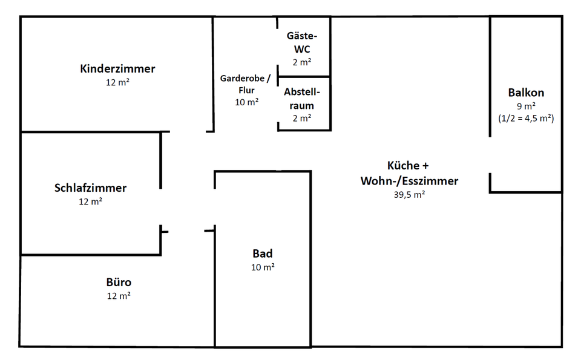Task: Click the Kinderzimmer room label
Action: click(117, 69)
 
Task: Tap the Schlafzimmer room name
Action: click(91, 188)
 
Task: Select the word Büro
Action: click(119, 283)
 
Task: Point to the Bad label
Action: click(263, 254)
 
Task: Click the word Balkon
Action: click(526, 93)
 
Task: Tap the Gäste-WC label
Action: click(301, 42)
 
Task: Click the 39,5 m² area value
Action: click(409, 194)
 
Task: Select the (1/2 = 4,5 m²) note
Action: click(526, 119)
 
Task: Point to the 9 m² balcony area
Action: click(526, 106)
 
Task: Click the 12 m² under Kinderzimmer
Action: click(117, 82)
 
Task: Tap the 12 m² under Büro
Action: click(119, 296)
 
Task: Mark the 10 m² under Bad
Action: click(263, 267)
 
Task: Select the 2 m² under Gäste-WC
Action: click(301, 62)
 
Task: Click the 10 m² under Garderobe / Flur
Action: click(247, 102)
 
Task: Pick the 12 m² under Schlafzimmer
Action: click(91, 201)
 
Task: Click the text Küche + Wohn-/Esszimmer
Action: click(409, 173)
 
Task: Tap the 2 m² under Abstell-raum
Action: click(301, 119)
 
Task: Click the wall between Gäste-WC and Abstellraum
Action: click(303, 77)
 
